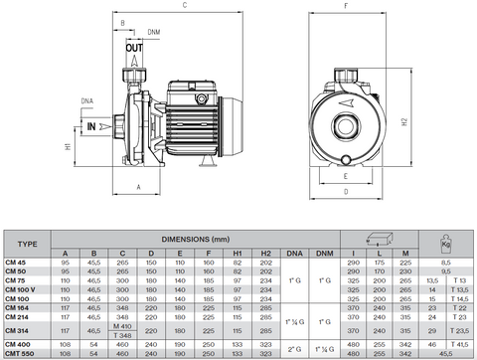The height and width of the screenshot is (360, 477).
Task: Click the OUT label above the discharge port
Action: tap(134, 47)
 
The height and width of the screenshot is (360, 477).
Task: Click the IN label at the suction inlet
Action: tap(90, 127)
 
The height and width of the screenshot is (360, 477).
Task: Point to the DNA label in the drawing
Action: tap(87, 100)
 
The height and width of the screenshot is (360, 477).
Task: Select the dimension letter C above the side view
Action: tap(186, 7)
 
